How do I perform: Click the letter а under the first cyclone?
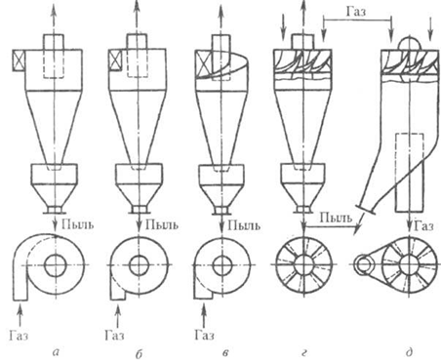point(57,351)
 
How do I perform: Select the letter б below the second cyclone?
point(139,353)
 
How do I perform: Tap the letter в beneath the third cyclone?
point(225,352)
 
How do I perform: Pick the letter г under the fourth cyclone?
point(303,352)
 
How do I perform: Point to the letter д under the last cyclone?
point(410,352)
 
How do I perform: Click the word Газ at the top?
point(356,12)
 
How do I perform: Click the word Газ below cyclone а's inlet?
point(19,335)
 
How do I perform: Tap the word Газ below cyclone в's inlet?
point(204,335)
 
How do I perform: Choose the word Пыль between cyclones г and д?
point(336,218)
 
